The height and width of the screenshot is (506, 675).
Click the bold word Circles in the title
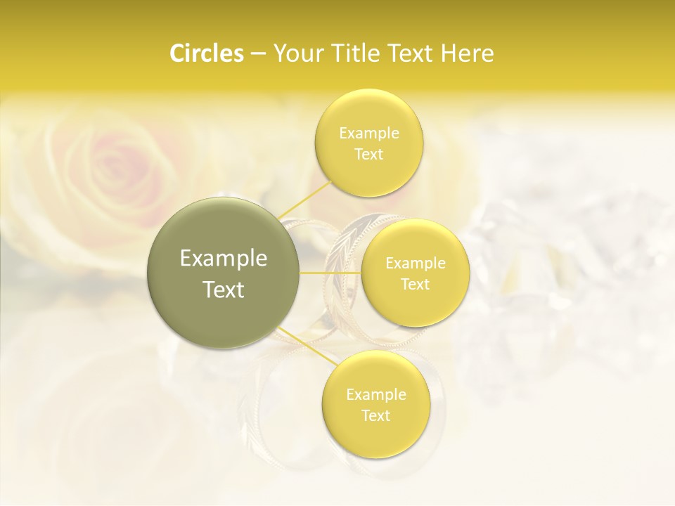(206, 53)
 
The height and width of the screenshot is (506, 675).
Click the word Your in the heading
(295, 53)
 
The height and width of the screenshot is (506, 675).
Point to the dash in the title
(257, 54)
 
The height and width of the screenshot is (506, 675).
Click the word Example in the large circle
(224, 259)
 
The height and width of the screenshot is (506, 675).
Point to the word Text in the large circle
(224, 290)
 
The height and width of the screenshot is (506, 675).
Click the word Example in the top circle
(368, 134)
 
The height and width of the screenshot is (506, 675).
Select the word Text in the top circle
(368, 155)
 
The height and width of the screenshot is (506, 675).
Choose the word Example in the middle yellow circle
(416, 264)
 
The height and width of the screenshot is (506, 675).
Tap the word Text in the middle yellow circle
(416, 285)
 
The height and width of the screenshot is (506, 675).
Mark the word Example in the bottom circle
(375, 395)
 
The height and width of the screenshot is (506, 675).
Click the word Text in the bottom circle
(375, 416)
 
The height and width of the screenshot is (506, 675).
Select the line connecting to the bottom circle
(306, 343)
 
